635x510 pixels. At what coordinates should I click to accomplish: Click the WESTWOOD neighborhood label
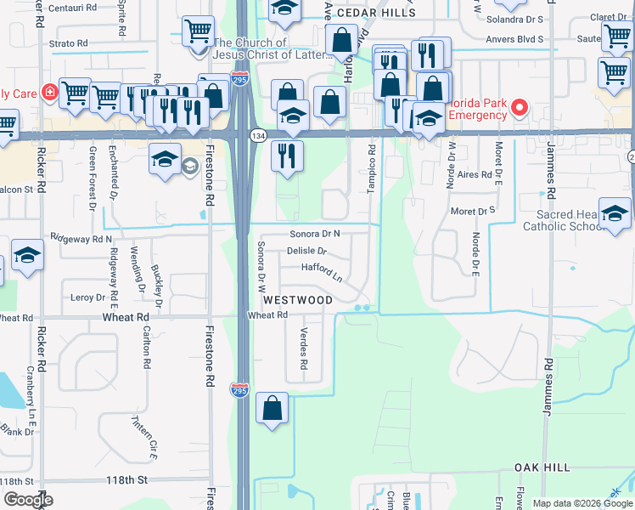tap(297, 300)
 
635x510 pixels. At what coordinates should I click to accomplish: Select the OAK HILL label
tap(542, 467)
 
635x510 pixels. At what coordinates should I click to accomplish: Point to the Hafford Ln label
tap(322, 272)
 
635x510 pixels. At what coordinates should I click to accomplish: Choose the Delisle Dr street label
tap(306, 252)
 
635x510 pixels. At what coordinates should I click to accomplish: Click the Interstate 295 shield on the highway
tap(240, 388)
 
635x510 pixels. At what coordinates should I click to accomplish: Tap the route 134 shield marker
tap(256, 136)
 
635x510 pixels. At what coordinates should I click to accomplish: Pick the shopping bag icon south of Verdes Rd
tap(273, 409)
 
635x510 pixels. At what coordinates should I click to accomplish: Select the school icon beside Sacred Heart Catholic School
tap(615, 214)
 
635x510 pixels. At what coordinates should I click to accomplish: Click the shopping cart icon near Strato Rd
tap(198, 32)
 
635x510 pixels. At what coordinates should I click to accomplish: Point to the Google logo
tap(27, 500)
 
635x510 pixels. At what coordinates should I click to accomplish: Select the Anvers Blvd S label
tap(514, 39)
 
